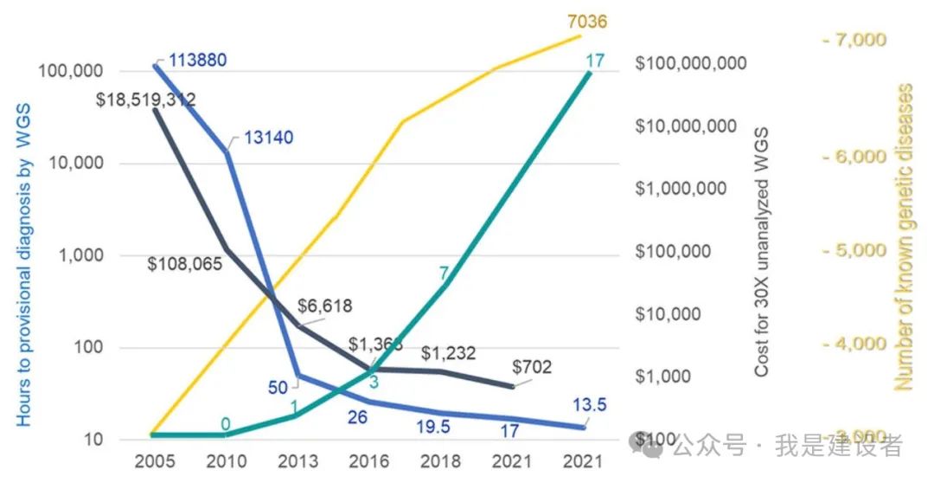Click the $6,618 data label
click(x=324, y=306)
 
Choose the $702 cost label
click(x=532, y=367)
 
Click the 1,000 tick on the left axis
click(x=85, y=255)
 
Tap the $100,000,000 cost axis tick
click(x=691, y=63)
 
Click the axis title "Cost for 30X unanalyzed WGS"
click(x=761, y=251)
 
